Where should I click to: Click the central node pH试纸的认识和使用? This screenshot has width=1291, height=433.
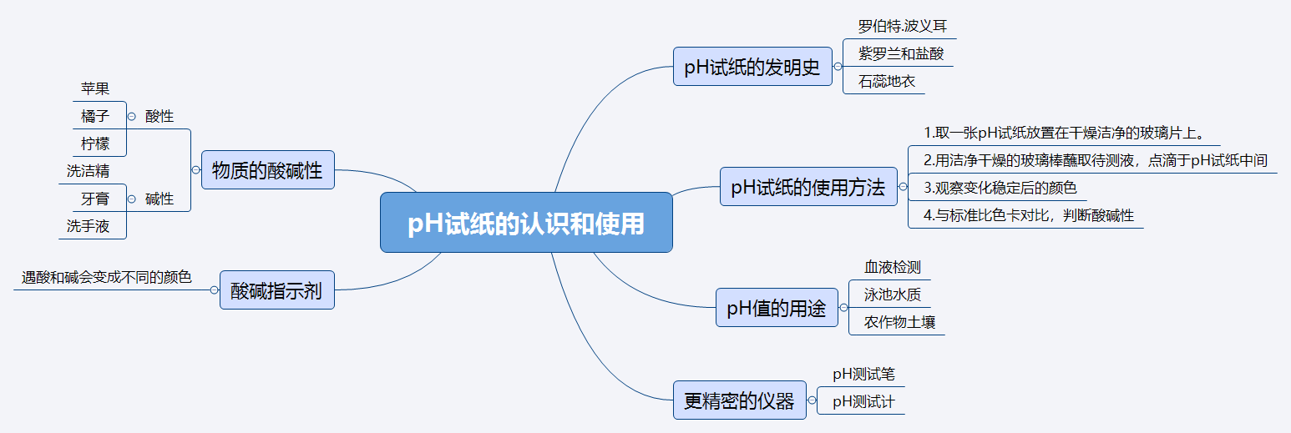[526, 223]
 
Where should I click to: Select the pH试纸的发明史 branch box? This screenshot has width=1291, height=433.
[752, 67]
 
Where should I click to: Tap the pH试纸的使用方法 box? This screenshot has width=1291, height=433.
[808, 187]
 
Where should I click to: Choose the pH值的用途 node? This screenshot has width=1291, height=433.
[777, 308]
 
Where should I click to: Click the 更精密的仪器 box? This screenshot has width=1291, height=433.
[739, 400]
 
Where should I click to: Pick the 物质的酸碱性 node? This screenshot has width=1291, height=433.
[267, 170]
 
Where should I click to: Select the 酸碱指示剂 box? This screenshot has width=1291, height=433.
[276, 290]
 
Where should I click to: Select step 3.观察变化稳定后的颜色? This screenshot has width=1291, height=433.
[1000, 188]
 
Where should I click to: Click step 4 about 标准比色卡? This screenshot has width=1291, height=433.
[1028, 215]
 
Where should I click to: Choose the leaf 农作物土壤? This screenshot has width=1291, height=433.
[899, 322]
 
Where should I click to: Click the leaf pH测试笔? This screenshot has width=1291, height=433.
[863, 375]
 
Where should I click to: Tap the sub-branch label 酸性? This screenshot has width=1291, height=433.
[159, 116]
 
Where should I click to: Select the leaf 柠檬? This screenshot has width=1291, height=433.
[95, 143]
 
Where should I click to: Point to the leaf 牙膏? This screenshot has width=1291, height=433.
[95, 199]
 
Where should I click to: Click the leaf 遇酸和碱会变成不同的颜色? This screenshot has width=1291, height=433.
[107, 278]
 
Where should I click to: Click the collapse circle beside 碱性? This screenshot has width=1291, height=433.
[132, 199]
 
